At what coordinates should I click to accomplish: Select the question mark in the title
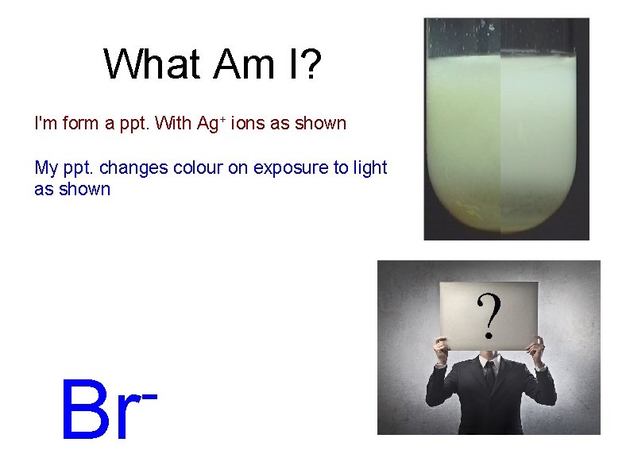[x=310, y=64]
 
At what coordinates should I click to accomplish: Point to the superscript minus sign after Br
[x=149, y=394]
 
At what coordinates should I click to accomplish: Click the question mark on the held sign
[x=489, y=315]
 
